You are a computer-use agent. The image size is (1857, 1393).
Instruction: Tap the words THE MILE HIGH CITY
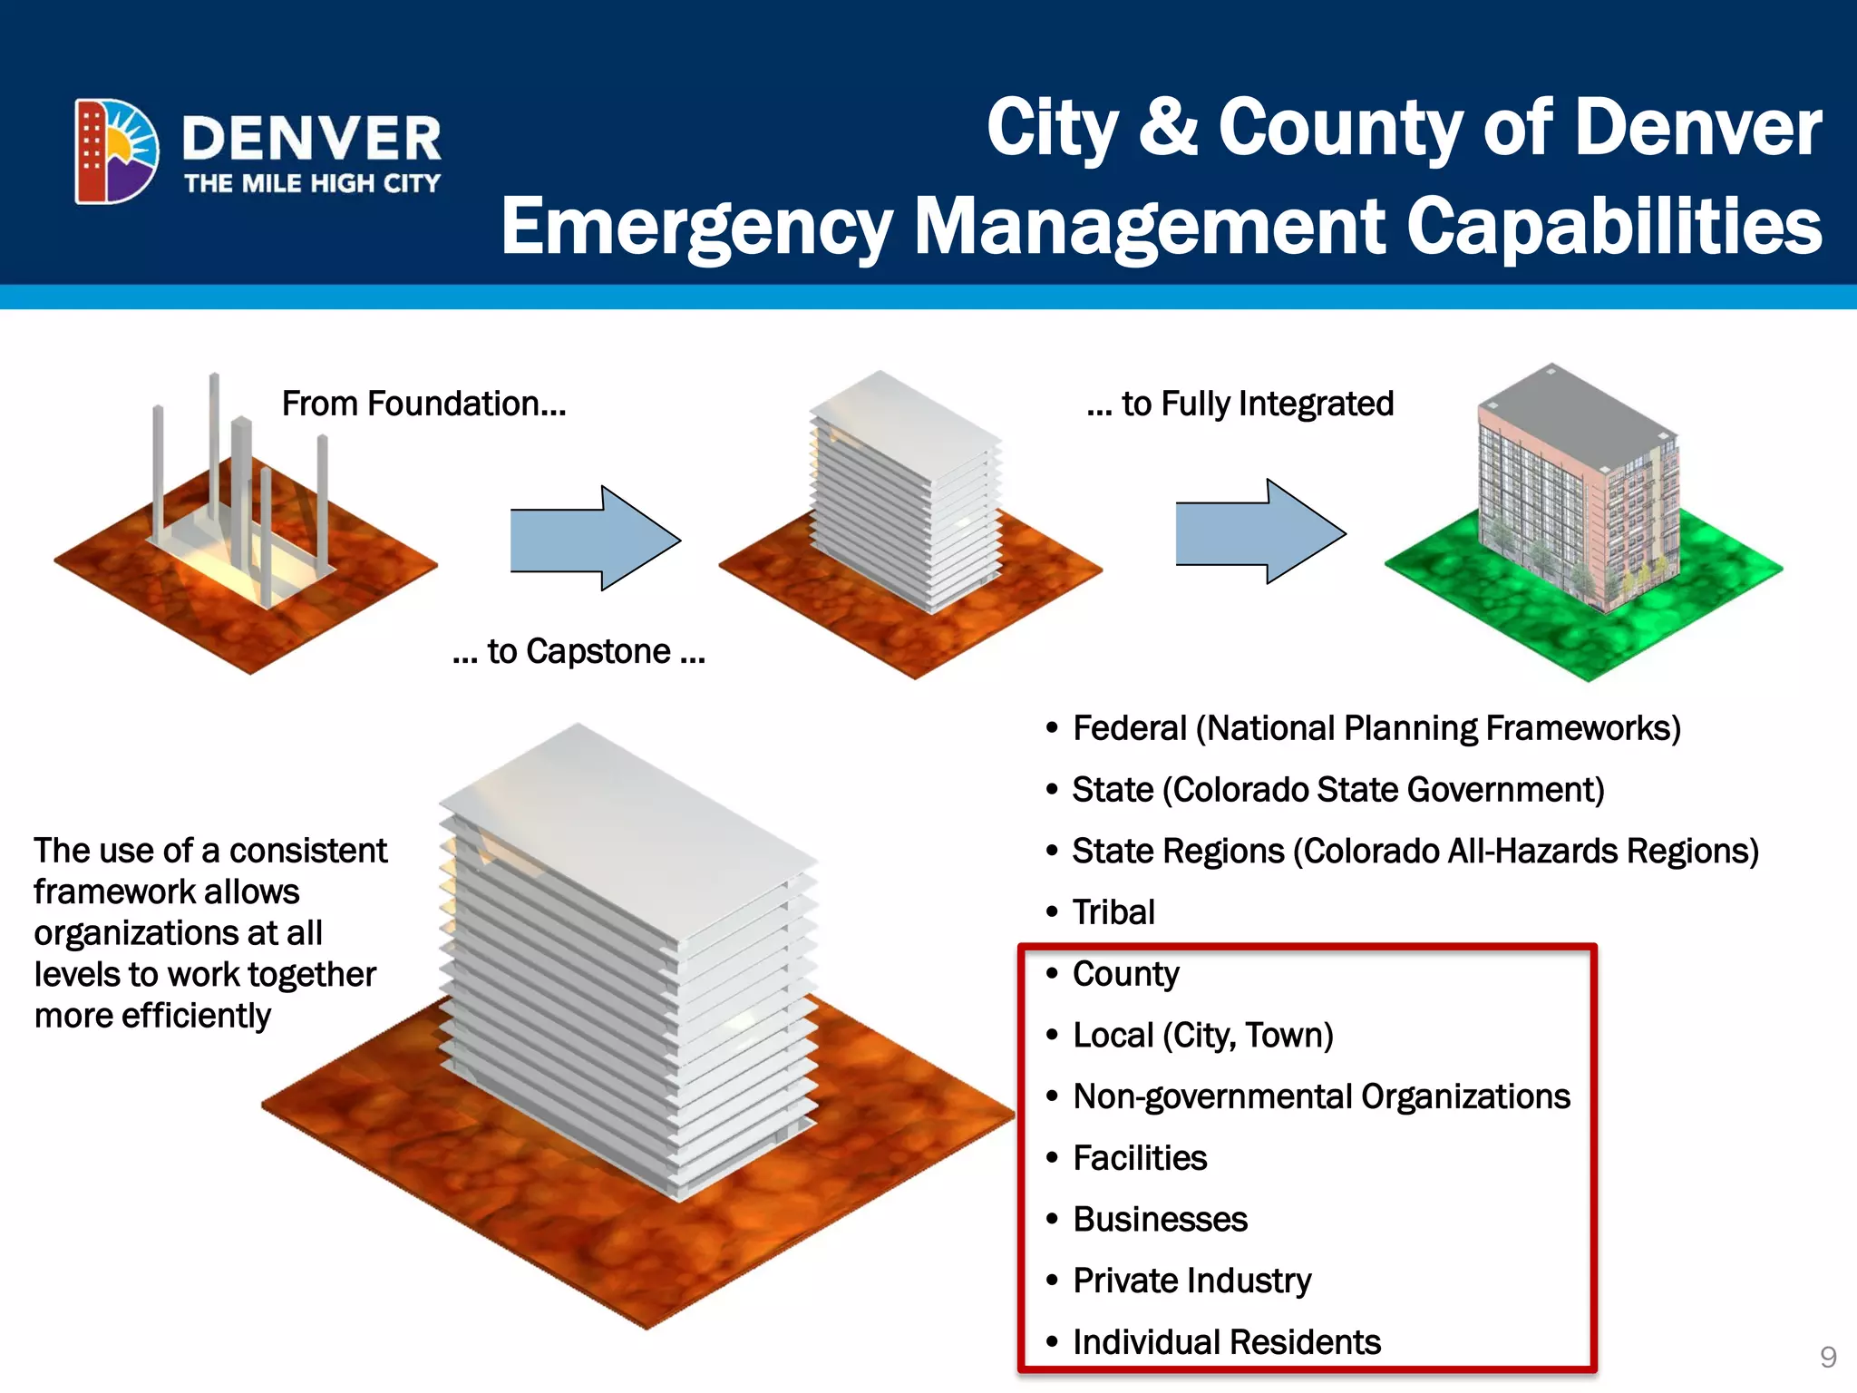312,183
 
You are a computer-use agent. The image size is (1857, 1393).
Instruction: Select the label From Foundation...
423,404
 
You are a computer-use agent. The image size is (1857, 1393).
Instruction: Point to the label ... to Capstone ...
578,651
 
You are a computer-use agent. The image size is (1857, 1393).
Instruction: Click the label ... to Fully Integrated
1240,404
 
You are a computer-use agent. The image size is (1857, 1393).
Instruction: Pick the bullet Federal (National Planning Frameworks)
1376,728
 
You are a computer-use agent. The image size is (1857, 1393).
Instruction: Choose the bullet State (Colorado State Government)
1337,790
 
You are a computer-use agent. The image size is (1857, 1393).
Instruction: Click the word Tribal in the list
1113,912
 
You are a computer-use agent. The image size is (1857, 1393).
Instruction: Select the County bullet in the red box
1125,974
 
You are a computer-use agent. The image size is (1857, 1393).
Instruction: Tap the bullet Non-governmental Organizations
1321,1096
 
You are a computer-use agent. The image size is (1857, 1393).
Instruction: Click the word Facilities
1140,1158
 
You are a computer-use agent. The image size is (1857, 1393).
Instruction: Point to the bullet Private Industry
1191,1281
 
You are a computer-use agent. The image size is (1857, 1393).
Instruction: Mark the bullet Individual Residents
1226,1342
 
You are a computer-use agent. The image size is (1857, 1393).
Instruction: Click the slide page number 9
1828,1357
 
